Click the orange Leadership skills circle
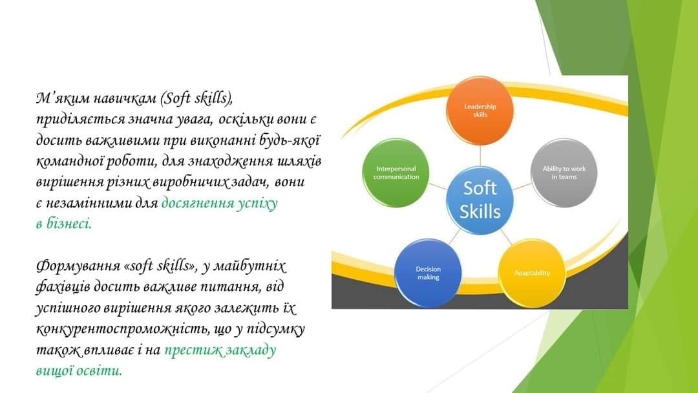[480, 111]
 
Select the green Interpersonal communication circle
[396, 173]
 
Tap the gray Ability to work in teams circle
[564, 173]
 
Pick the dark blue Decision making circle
[428, 273]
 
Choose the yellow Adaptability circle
[532, 273]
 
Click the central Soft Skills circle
[480, 200]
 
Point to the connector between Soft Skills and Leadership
[480, 155]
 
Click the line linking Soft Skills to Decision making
[454, 236]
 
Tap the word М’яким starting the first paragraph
[62, 98]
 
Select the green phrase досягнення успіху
[220, 204]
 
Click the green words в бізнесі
[63, 224]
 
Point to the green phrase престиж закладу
[220, 350]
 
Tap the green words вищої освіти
[79, 370]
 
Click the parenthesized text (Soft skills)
[195, 98]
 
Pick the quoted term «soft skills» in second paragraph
[161, 266]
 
